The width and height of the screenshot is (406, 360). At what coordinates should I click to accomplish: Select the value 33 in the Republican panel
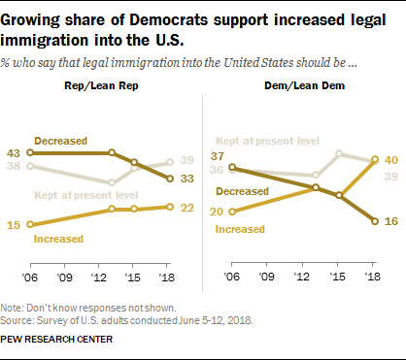pyautogui.click(x=192, y=180)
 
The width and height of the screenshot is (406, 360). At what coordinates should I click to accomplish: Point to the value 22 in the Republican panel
pyautogui.click(x=192, y=207)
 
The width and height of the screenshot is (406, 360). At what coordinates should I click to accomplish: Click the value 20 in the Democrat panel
pyautogui.click(x=219, y=211)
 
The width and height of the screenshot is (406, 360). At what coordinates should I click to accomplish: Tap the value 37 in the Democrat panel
pyautogui.click(x=219, y=156)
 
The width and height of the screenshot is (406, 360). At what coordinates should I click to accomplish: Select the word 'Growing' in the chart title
pyautogui.click(x=42, y=18)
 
